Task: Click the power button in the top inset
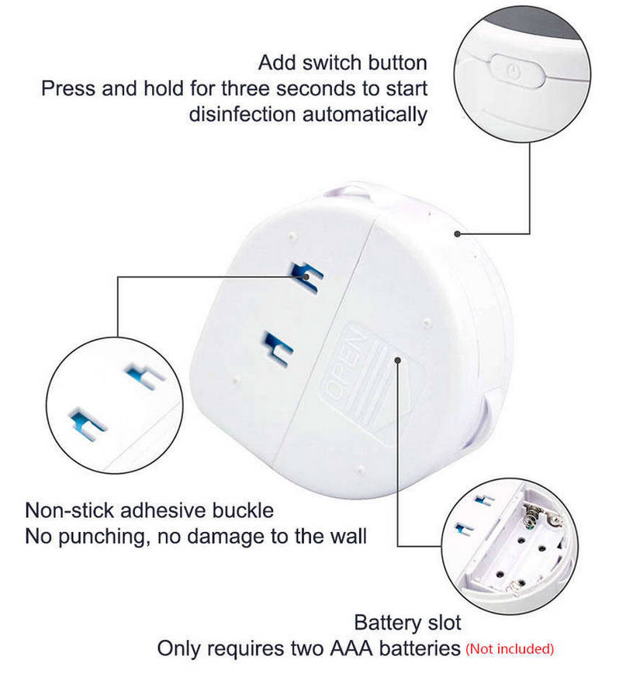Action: (517, 71)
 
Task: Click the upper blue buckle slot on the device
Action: (306, 276)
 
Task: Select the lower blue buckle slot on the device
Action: (278, 348)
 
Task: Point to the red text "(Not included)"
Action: (510, 648)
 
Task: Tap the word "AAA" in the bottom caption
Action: (351, 648)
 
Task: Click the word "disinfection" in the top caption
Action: (242, 114)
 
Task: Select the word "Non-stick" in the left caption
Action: (69, 510)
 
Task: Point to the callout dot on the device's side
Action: (457, 233)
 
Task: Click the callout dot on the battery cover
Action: (397, 360)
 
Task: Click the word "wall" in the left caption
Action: (348, 536)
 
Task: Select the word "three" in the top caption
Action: (245, 88)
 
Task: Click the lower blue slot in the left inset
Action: (87, 423)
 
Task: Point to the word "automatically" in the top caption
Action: (365, 115)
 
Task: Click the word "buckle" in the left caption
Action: (243, 510)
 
